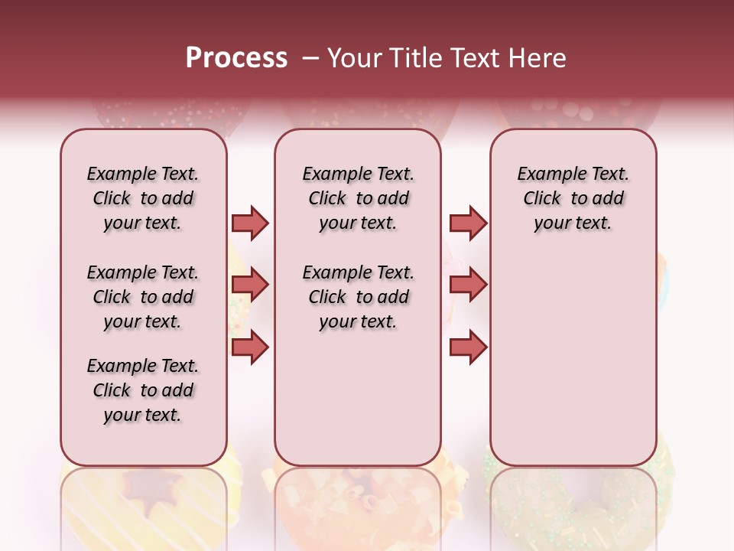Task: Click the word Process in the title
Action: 236,58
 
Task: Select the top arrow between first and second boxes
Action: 250,223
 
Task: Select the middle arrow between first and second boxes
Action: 250,285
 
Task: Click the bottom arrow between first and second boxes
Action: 250,347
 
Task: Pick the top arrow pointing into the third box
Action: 468,223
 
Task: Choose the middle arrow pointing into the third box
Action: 468,285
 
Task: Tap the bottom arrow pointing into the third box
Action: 468,347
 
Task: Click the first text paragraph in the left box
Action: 143,198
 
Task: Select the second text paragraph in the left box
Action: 143,297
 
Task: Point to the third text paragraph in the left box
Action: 143,390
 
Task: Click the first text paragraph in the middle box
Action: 358,198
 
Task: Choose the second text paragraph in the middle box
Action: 358,297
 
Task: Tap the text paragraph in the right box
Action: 573,198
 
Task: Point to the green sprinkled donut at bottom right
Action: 573,497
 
